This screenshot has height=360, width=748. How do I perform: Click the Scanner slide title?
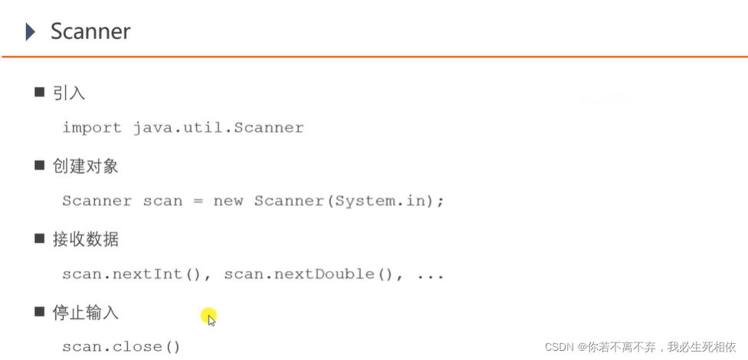coord(90,31)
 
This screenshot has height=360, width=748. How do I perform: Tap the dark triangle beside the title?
coord(30,31)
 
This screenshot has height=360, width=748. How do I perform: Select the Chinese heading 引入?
coord(69,93)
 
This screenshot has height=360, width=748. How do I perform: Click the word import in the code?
coord(92,128)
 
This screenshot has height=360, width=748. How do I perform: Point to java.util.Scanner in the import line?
coord(218,128)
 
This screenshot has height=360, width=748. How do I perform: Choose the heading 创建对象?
coord(86,166)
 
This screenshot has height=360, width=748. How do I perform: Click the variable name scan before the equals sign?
coord(163,201)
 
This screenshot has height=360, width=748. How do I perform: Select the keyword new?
coord(228,201)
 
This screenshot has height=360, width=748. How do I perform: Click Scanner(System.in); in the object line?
coord(349,201)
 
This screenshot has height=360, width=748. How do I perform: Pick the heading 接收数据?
coord(86,240)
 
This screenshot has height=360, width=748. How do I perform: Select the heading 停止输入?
coord(86,313)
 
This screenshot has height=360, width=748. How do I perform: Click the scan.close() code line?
coord(121,347)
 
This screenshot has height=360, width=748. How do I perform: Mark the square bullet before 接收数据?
coord(40,239)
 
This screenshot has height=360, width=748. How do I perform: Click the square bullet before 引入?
coord(40,93)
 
